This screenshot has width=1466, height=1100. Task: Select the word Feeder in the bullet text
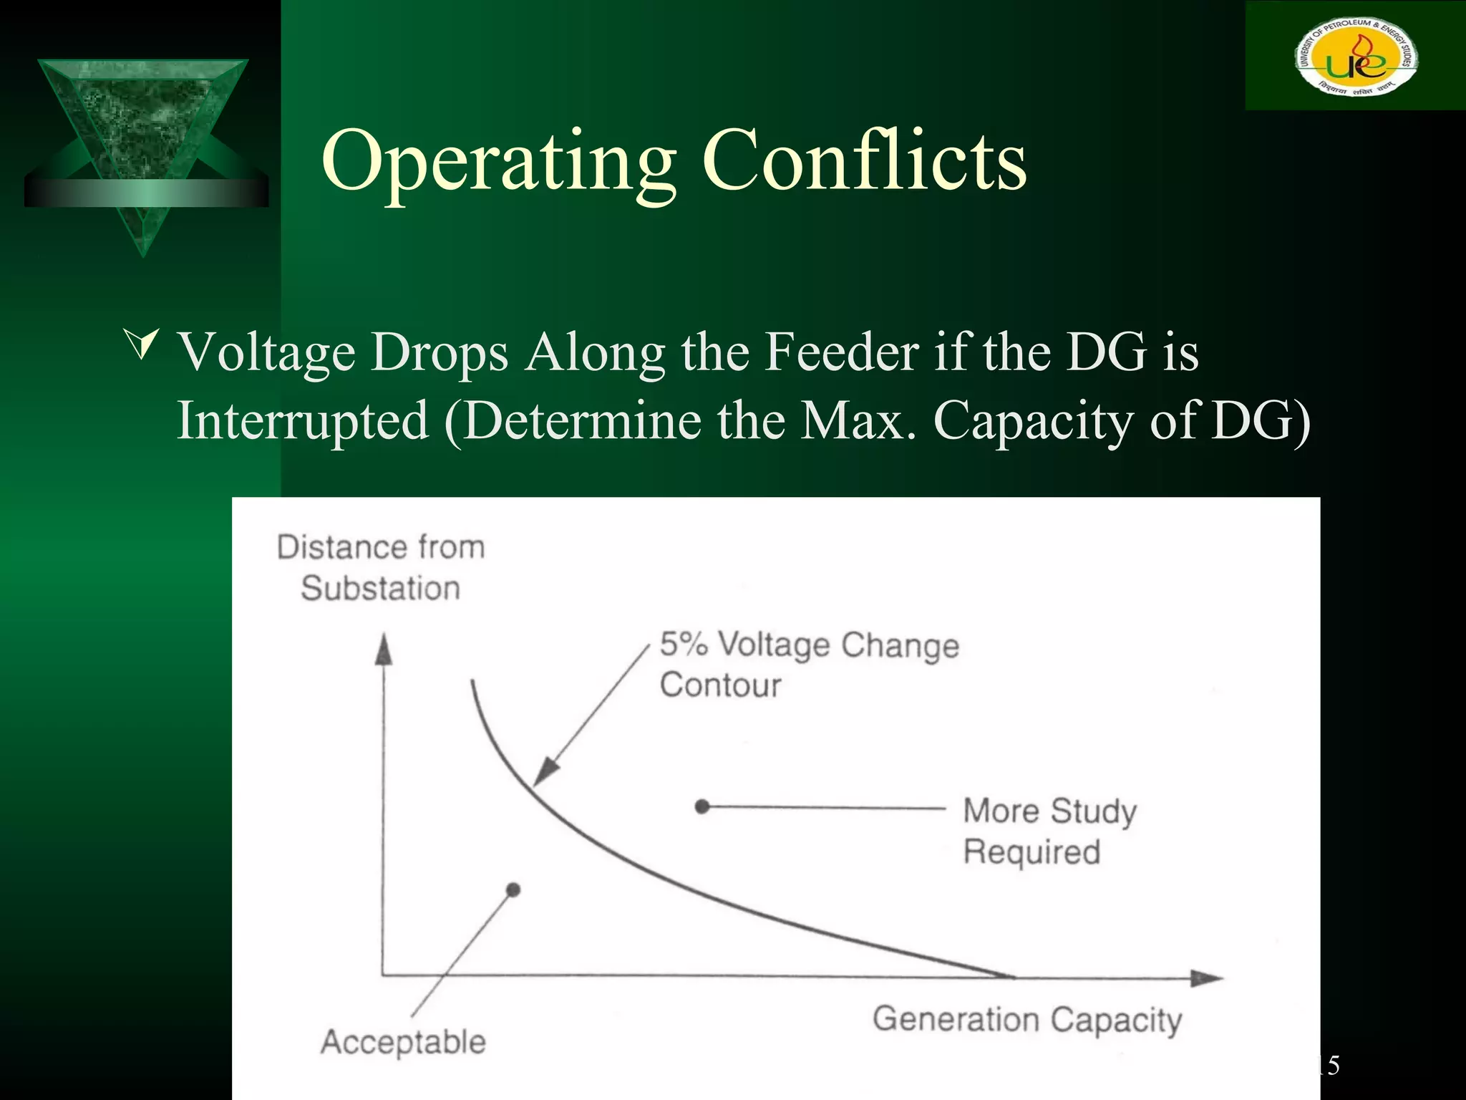coord(841,352)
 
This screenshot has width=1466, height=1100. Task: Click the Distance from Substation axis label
coord(380,567)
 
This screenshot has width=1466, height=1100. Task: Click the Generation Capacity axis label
coord(1026,1019)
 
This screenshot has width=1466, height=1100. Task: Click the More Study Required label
coord(1049,831)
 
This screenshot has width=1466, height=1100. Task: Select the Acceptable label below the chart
coord(403,1041)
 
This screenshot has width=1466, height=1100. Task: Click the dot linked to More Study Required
coord(702,807)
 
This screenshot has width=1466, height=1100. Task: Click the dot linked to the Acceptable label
coord(513,890)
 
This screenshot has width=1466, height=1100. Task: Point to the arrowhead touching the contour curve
coord(545,773)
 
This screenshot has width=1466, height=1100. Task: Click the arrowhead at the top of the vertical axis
coord(384,649)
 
